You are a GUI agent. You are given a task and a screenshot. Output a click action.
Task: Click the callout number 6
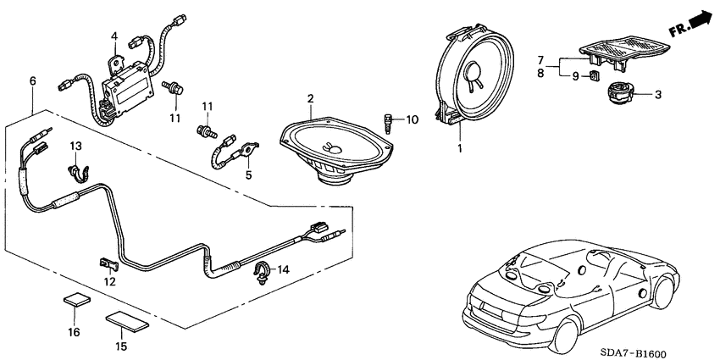click(x=32, y=81)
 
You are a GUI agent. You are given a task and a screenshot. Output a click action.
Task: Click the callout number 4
click(x=114, y=36)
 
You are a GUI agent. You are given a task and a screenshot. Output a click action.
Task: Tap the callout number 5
click(x=248, y=175)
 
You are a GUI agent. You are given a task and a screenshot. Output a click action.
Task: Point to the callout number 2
click(x=310, y=100)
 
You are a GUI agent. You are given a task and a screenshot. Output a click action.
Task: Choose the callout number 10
click(x=413, y=119)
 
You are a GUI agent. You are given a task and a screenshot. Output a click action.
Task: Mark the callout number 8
click(x=539, y=74)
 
